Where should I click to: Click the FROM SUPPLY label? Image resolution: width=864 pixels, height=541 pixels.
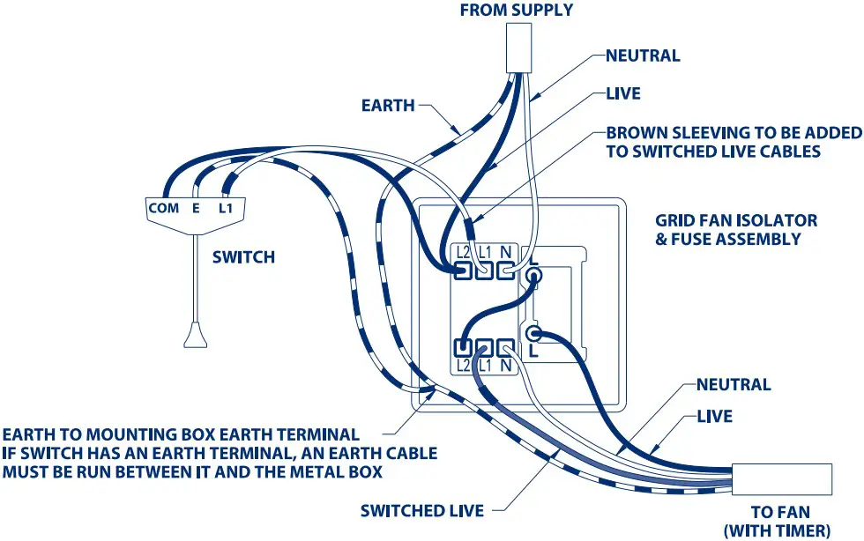tap(516, 11)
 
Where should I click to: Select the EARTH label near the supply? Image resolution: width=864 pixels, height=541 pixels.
tap(388, 106)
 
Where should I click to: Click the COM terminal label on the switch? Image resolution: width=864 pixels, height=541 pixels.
tap(163, 209)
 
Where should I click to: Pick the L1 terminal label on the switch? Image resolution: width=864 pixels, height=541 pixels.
tap(225, 209)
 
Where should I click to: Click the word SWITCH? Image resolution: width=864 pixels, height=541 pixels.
tap(243, 257)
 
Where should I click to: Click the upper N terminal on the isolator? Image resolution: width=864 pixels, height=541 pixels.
tap(504, 270)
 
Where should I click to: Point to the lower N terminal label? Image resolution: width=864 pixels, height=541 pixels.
tap(505, 365)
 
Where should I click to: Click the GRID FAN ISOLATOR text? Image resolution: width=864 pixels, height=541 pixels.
tap(736, 220)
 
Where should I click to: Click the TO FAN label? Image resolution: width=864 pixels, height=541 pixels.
tap(779, 512)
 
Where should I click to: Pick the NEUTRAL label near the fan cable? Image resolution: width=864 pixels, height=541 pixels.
tap(734, 385)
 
